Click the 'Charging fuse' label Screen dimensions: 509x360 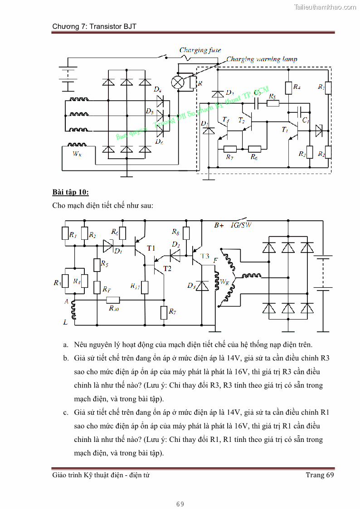pos(200,50)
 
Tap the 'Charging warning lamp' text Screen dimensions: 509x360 pos(262,59)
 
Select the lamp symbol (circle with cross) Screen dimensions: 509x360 pos(177,82)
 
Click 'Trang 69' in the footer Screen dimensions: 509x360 pos(320,475)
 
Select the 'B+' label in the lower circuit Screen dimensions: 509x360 pos(219,225)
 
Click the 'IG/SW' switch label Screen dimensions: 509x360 pos(241,225)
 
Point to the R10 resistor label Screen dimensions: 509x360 pos(113,308)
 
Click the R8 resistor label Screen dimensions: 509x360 pos(175,232)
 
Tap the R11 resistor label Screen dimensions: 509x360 pos(135,286)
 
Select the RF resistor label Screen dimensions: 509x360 pos(107,289)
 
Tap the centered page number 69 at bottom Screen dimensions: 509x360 pos(180,504)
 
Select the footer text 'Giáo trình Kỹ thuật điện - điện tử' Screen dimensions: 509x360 pos(101,475)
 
